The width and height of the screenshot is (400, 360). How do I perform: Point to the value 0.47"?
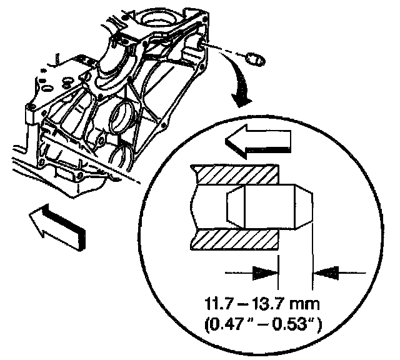(x=235, y=324)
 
